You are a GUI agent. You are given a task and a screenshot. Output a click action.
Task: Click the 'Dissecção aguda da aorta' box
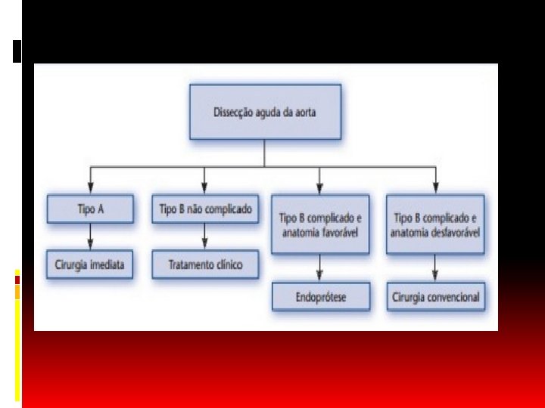pos(264,112)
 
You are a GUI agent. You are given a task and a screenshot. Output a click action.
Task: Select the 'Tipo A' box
pos(90,209)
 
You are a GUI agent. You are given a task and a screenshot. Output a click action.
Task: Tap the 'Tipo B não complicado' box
pos(204,209)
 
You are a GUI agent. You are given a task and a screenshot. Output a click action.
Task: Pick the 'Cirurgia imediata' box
pos(89,266)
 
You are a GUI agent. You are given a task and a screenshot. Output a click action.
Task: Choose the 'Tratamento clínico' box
pos(204,266)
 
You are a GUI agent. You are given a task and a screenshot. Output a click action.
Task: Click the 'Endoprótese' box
pos(320,297)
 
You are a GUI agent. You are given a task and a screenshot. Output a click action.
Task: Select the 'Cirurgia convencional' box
pos(435,297)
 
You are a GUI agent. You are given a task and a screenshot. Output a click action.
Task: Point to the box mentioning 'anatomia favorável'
pos(319,224)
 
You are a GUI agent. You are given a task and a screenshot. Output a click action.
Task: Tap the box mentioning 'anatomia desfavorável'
pos(435,224)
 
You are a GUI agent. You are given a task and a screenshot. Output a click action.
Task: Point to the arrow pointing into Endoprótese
pos(319,268)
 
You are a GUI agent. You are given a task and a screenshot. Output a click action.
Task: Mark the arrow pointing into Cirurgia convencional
pos(435,268)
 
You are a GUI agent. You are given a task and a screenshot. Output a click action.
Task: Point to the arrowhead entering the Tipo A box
pos(90,189)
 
